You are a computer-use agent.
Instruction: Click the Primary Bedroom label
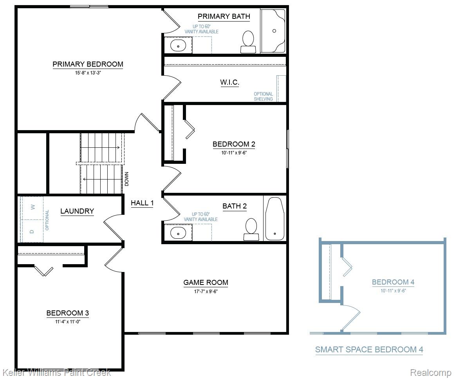click(x=88, y=64)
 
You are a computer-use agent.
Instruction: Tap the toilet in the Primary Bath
click(x=248, y=41)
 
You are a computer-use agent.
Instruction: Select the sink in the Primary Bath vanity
click(x=178, y=45)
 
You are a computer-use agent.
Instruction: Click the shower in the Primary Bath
click(x=274, y=31)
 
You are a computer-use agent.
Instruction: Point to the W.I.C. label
click(x=229, y=82)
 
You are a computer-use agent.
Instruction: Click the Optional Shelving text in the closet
click(x=263, y=96)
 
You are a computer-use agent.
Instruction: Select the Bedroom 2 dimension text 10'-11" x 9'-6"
click(x=234, y=153)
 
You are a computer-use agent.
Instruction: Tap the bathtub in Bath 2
click(x=274, y=219)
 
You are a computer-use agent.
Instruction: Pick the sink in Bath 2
click(x=178, y=233)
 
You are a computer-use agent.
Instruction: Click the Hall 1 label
click(x=142, y=203)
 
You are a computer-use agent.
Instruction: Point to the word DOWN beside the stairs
click(x=126, y=179)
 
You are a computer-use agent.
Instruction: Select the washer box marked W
click(x=32, y=207)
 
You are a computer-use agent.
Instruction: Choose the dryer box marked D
click(x=32, y=231)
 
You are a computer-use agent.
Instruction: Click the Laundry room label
click(x=77, y=211)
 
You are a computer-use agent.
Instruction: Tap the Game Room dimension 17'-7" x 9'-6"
click(x=206, y=291)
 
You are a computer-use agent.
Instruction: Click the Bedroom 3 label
click(x=67, y=313)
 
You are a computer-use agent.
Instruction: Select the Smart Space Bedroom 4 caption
click(x=369, y=350)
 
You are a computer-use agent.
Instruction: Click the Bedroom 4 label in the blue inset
click(x=393, y=282)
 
